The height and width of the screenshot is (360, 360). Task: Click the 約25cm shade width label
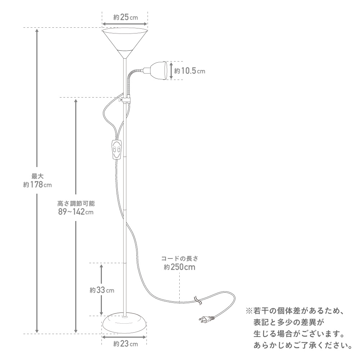click(125, 17)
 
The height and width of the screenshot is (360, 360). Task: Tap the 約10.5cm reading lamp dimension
click(189, 71)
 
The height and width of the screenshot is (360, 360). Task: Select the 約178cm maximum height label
click(37, 185)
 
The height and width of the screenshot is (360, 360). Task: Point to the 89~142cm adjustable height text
click(76, 212)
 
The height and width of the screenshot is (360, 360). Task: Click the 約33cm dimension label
click(102, 290)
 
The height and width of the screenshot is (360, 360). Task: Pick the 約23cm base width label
click(125, 344)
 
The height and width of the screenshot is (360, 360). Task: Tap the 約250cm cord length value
click(180, 267)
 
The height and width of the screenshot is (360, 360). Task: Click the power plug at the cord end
click(207, 319)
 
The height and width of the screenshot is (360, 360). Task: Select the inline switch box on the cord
click(116, 149)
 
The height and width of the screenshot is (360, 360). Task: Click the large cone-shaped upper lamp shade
click(125, 43)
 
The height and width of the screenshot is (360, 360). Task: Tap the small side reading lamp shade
click(158, 71)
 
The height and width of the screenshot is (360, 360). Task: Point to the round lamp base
click(124, 323)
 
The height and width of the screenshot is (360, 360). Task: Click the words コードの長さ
click(180, 258)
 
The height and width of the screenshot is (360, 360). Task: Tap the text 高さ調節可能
click(76, 203)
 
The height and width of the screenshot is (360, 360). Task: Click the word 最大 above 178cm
click(37, 176)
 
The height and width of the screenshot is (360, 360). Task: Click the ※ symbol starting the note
click(249, 311)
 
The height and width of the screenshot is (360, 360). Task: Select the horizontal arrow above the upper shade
click(125, 24)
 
